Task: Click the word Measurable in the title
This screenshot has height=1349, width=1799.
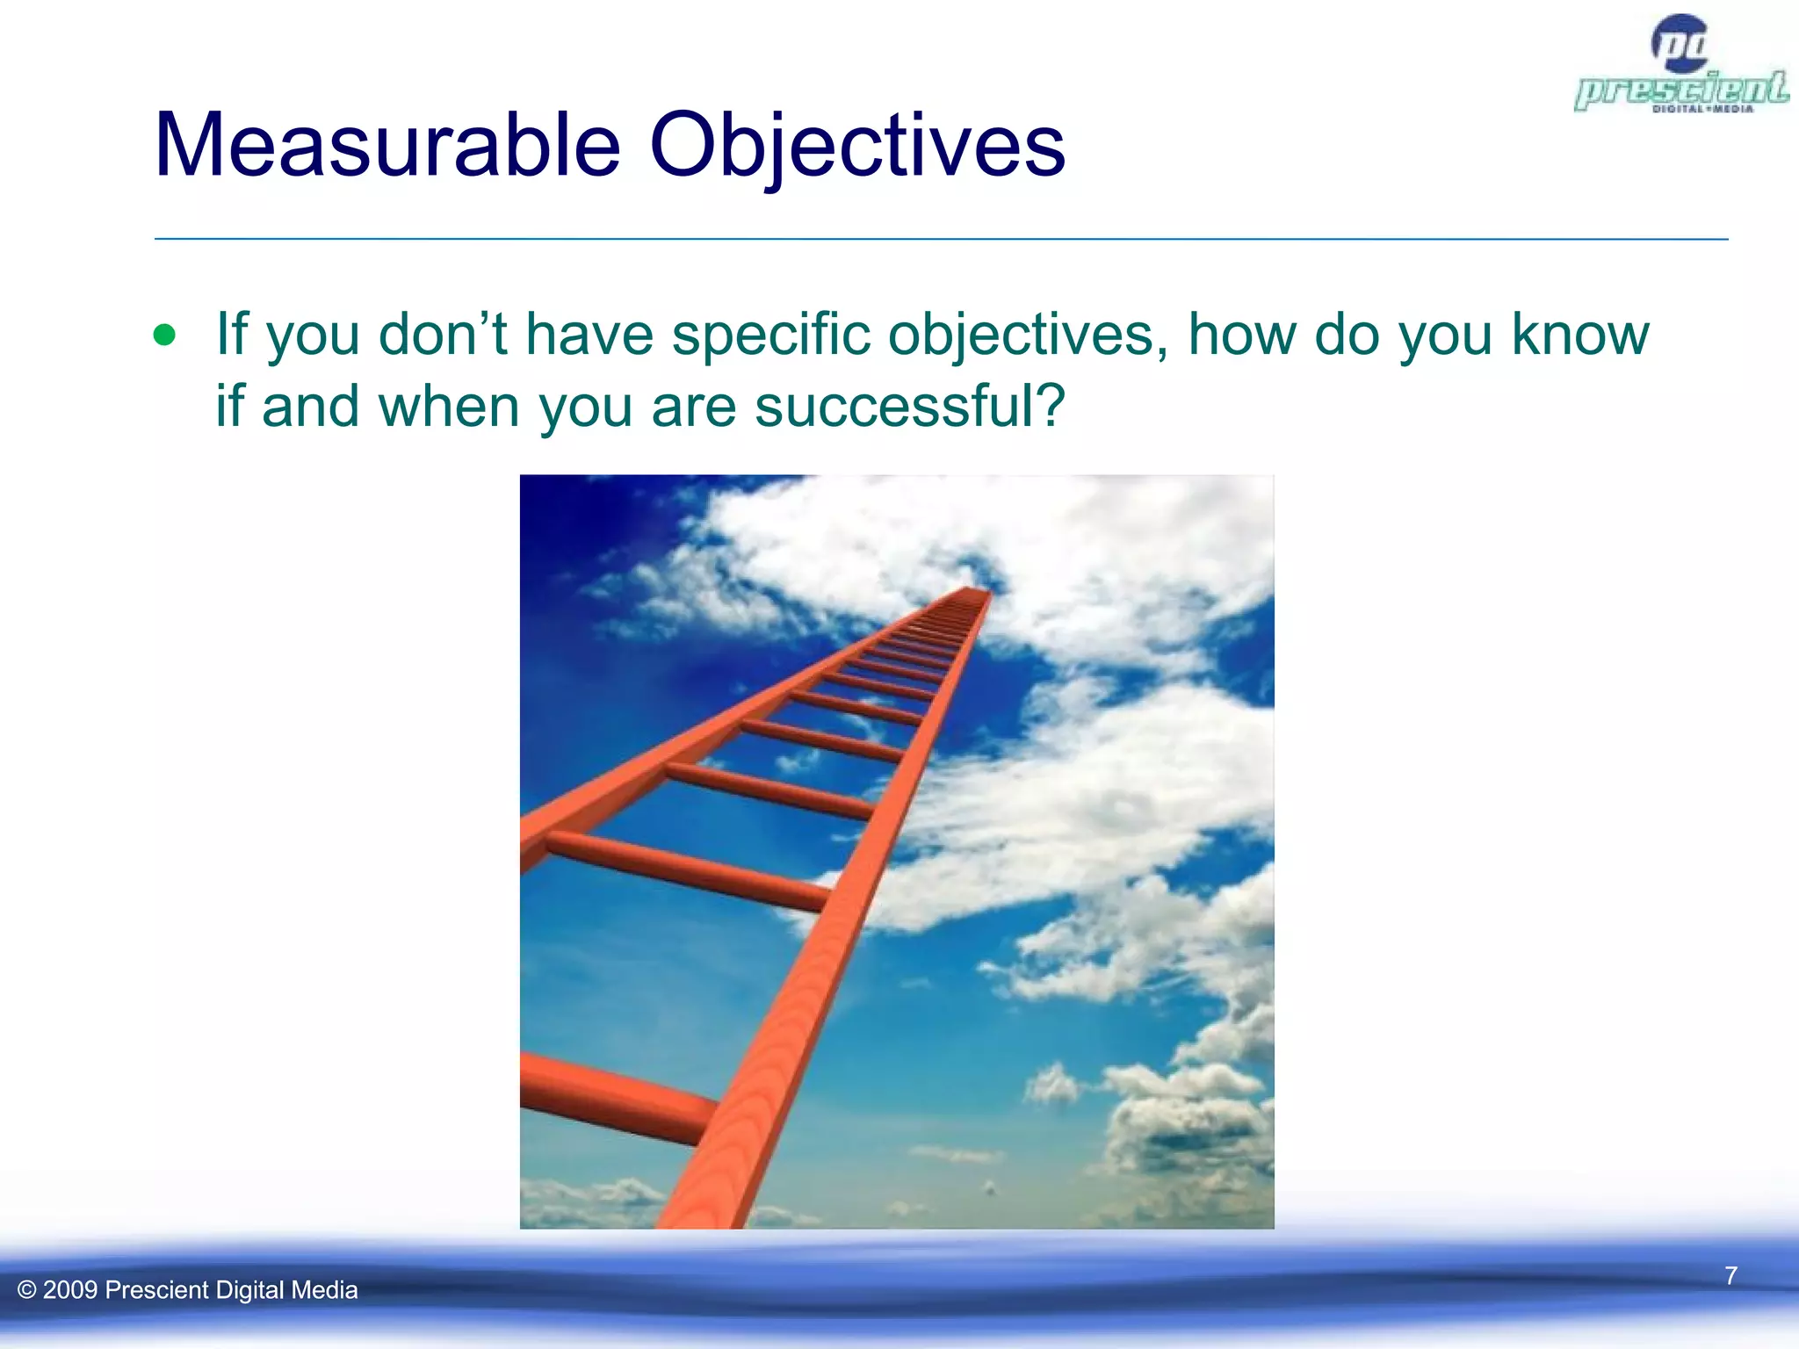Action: [x=387, y=146]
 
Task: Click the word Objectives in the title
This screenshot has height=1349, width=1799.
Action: [x=856, y=146]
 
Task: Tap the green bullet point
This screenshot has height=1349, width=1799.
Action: [x=164, y=335]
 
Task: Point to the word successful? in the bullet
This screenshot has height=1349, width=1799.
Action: [x=910, y=407]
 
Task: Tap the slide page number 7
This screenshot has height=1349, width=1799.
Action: [x=1730, y=1275]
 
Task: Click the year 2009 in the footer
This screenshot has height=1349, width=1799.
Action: [x=69, y=1290]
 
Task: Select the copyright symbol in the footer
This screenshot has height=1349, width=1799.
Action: [x=27, y=1290]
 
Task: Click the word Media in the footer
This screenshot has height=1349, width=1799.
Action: [x=324, y=1290]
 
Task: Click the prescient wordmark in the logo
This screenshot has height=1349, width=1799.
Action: [x=1680, y=90]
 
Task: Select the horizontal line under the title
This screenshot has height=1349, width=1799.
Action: [x=940, y=239]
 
